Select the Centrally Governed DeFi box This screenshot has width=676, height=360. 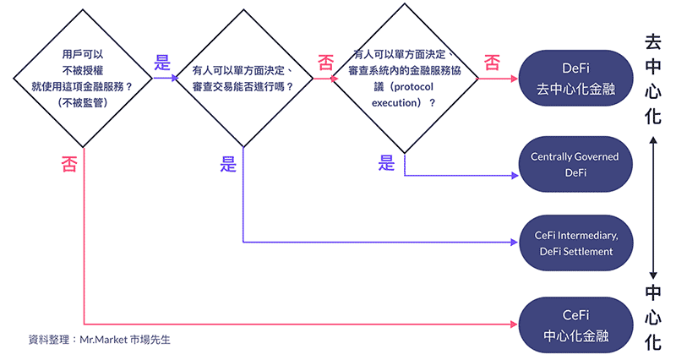(x=575, y=165)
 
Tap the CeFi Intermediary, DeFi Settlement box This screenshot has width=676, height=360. (x=575, y=243)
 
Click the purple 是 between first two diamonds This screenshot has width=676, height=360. (x=163, y=63)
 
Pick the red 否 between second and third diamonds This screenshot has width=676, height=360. (x=324, y=63)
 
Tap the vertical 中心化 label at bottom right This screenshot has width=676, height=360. (x=653, y=317)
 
